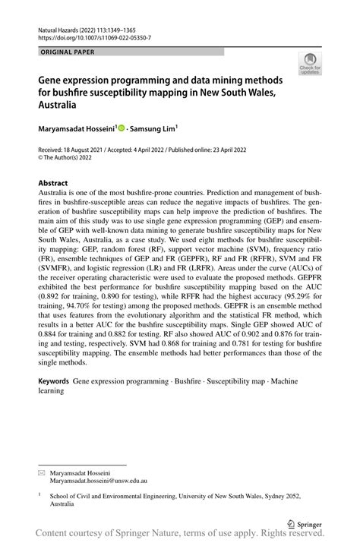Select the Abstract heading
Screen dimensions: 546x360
click(x=53, y=183)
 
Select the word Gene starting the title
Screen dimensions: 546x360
click(x=52, y=79)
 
